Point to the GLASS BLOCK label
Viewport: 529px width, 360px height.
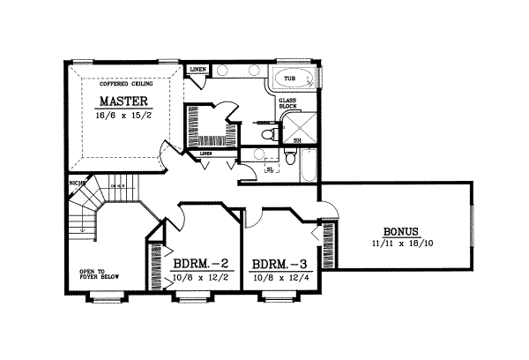click(287, 104)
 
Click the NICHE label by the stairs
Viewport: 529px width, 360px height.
click(77, 184)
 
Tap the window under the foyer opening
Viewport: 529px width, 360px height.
click(103, 297)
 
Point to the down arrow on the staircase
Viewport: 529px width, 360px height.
click(80, 228)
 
